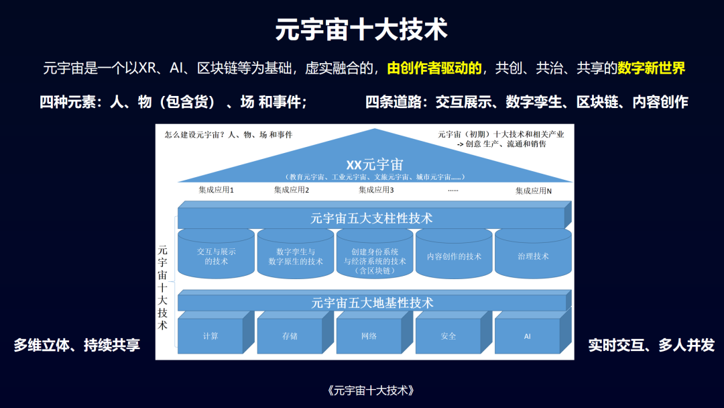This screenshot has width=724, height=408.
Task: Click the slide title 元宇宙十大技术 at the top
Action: coord(361,30)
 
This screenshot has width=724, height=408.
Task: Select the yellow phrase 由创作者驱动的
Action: coord(434,68)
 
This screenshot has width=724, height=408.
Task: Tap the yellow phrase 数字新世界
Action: coord(651,68)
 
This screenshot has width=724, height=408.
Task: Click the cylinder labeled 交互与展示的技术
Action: coord(216,254)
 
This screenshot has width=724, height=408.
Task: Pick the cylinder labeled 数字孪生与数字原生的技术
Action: coord(296,254)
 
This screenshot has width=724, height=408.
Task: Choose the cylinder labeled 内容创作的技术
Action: coord(454,254)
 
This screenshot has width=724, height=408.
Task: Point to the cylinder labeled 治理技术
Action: coord(534,254)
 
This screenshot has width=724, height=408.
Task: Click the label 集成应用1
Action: coord(216,190)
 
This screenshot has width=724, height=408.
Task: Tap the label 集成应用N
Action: coord(534,191)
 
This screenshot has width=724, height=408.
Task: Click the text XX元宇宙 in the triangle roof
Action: coord(375,164)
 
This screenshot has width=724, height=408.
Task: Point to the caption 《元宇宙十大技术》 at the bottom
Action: coord(371,391)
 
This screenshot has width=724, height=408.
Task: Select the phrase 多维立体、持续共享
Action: coord(76,345)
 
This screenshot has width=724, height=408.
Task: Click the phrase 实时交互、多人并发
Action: coord(651,345)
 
